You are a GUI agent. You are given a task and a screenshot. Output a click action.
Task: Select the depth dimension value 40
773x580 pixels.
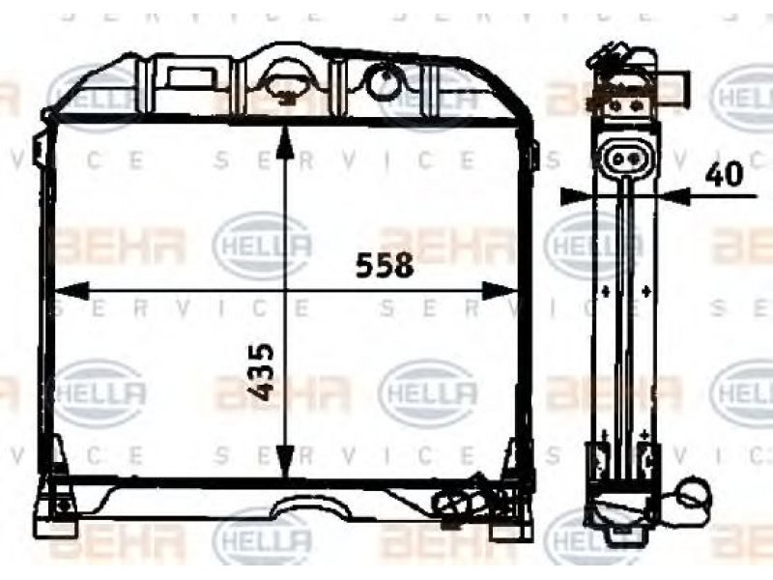(723, 174)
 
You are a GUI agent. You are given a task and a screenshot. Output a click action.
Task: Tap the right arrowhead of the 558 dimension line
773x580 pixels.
(500, 291)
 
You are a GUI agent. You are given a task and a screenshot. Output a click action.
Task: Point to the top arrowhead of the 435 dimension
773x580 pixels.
(285, 142)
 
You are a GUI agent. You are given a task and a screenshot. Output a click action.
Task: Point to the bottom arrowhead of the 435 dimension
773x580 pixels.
(285, 461)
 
